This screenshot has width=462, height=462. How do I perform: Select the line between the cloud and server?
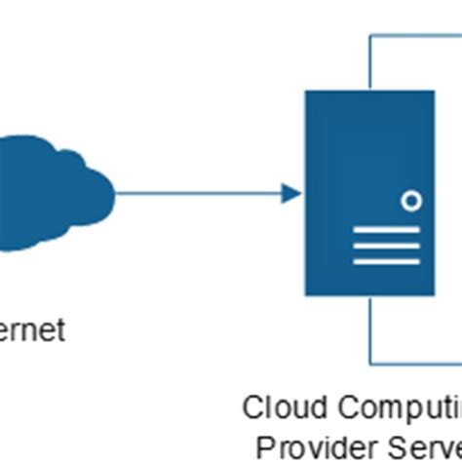[195, 193]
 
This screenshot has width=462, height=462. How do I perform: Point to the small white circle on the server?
[412, 202]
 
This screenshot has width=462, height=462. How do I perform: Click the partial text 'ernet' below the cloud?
[33, 330]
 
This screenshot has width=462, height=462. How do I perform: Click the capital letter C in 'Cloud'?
[252, 406]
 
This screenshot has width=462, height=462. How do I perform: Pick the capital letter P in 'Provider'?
[266, 445]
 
